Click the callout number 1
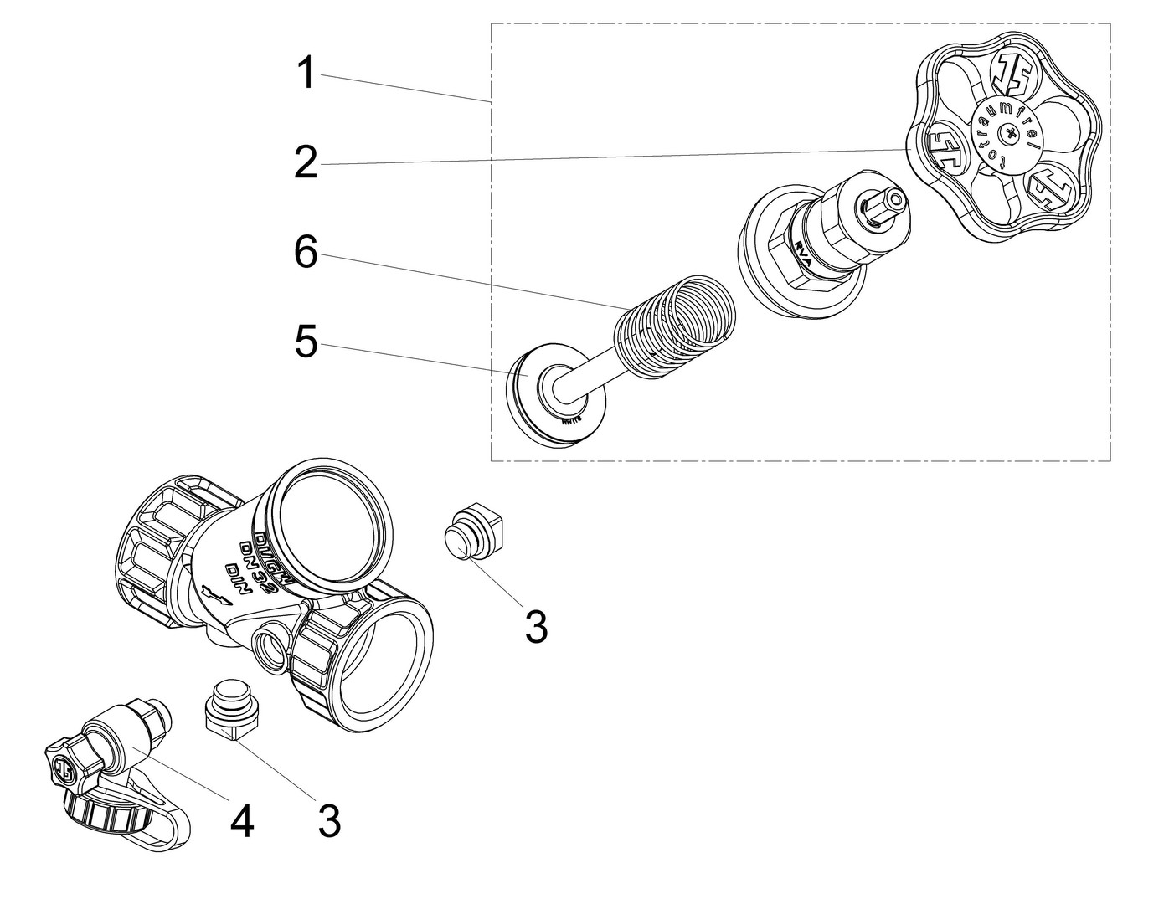point(307,74)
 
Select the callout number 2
point(306,162)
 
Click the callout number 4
point(241,822)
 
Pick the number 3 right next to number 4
point(329,822)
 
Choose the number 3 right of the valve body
point(536,627)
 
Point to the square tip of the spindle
point(886,203)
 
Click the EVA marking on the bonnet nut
point(802,254)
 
